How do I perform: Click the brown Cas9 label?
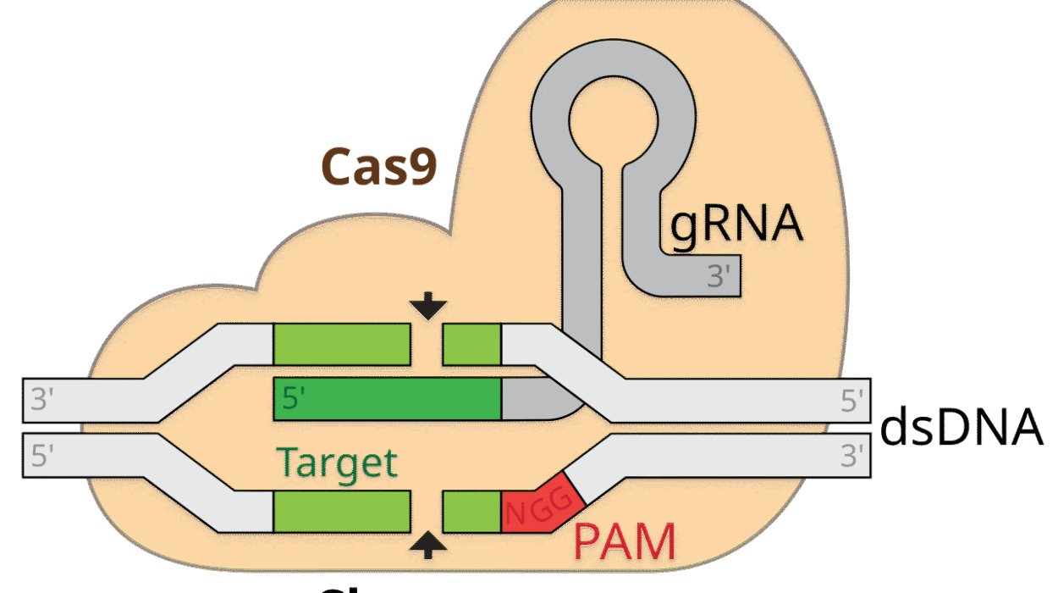coord(379,166)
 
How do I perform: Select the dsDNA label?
coord(962,427)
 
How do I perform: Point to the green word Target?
coord(338,463)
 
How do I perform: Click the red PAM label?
coord(625,543)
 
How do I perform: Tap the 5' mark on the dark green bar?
coord(294,399)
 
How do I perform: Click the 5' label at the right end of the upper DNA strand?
coord(853,400)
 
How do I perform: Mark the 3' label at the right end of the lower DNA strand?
coord(853,456)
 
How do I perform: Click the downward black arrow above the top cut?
coord(428,306)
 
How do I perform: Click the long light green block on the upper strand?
coord(341,343)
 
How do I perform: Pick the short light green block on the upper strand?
coord(472,343)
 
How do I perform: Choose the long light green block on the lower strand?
coord(341,511)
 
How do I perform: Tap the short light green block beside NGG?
coord(472,511)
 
